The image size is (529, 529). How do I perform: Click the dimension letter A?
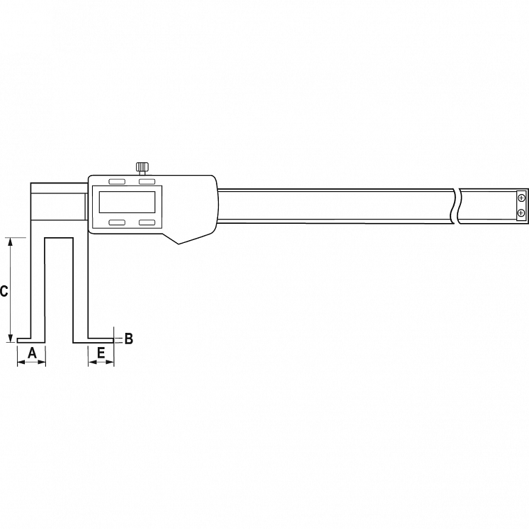click(32, 353)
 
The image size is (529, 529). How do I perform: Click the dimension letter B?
click(129, 339)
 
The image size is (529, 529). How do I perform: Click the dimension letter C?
click(4, 291)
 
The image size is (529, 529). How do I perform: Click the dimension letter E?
click(101, 353)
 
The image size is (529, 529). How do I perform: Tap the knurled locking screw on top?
click(142, 167)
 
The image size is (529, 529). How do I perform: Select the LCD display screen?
click(127, 202)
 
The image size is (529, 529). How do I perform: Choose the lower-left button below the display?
click(117, 222)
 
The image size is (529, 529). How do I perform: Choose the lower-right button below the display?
click(147, 222)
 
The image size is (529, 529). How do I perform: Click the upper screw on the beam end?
click(521, 198)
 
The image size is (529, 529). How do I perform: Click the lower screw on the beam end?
click(521, 212)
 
